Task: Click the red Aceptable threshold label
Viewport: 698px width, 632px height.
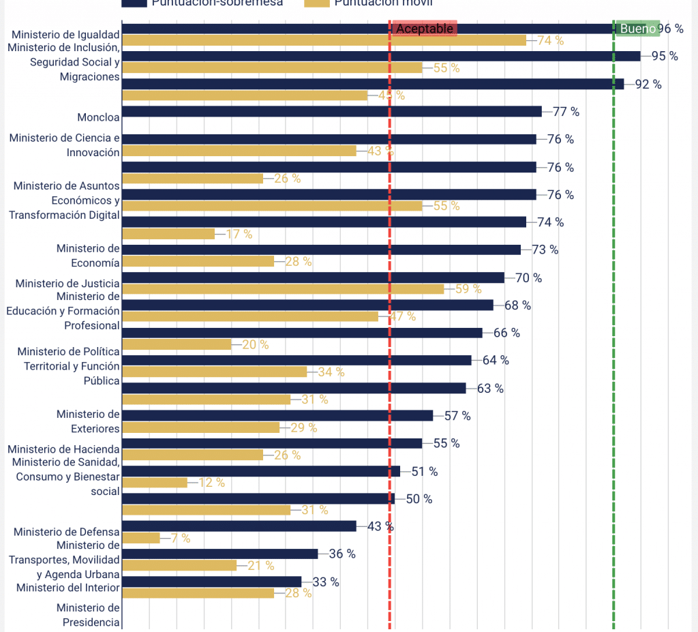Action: click(424, 29)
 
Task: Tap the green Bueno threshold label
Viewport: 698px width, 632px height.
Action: click(637, 29)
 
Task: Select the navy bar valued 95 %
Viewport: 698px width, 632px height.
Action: click(381, 56)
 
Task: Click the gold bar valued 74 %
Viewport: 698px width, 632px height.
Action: click(324, 40)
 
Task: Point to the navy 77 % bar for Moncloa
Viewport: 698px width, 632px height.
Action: click(332, 111)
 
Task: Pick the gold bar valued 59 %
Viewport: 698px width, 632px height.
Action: click(283, 289)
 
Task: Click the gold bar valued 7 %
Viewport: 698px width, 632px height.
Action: click(141, 538)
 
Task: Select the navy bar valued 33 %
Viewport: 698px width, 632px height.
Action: click(212, 582)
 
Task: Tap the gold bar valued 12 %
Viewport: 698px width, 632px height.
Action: click(155, 483)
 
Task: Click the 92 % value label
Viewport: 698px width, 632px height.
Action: click(648, 84)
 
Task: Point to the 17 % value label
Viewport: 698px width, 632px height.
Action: click(239, 234)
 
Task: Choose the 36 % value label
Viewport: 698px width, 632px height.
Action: click(342, 554)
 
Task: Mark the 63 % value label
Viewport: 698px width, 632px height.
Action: click(490, 389)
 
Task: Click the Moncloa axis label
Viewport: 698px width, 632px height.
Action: click(98, 117)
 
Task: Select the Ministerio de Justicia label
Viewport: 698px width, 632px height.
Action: click(67, 283)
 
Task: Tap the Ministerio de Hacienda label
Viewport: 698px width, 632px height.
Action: click(63, 449)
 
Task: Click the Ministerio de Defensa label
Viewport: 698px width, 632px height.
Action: click(67, 532)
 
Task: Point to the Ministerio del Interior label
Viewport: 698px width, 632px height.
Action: click(68, 588)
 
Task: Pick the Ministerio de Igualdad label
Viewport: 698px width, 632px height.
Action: click(66, 34)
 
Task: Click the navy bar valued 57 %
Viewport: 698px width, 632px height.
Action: click(277, 415)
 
